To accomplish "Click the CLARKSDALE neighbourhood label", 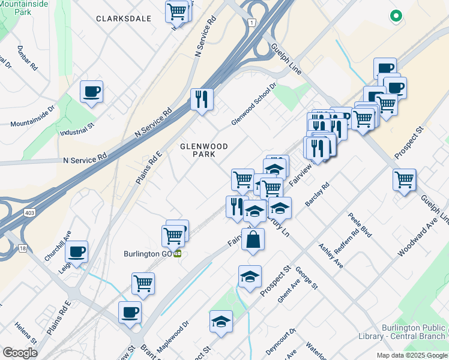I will [x=123, y=19].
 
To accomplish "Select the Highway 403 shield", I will [x=29, y=212].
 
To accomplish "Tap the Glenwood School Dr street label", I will [x=253, y=104].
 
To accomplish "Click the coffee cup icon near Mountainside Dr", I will [x=92, y=92].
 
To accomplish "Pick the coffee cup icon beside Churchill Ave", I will [x=76, y=252].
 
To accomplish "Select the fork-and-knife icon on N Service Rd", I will [x=202, y=98].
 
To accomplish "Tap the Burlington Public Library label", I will [x=414, y=332].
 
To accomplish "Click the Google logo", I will [x=20, y=352].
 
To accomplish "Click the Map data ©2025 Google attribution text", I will [x=411, y=355].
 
